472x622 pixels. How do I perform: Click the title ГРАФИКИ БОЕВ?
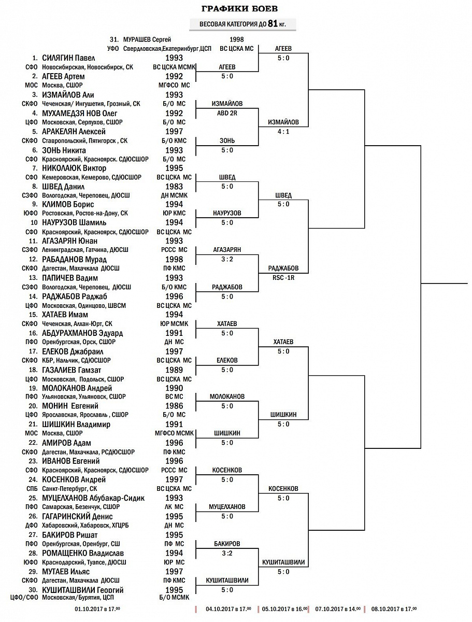pyautogui.click(x=239, y=9)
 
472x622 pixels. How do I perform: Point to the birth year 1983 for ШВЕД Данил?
pyautogui.click(x=174, y=187)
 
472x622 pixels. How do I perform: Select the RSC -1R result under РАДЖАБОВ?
pyautogui.click(x=283, y=277)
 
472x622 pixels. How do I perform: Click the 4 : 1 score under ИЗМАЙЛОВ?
pyautogui.click(x=283, y=131)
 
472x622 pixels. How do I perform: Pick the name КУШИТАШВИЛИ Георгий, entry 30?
pyautogui.click(x=83, y=590)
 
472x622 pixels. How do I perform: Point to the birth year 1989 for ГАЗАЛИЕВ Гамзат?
pyautogui.click(x=174, y=370)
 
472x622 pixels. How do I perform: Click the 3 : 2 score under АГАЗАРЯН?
pyautogui.click(x=227, y=259)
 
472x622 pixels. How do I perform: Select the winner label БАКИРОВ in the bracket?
pyautogui.click(x=227, y=544)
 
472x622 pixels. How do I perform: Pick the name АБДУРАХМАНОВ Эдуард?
pyautogui.click(x=82, y=333)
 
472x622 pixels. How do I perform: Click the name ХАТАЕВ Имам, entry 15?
pyautogui.click(x=65, y=315)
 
